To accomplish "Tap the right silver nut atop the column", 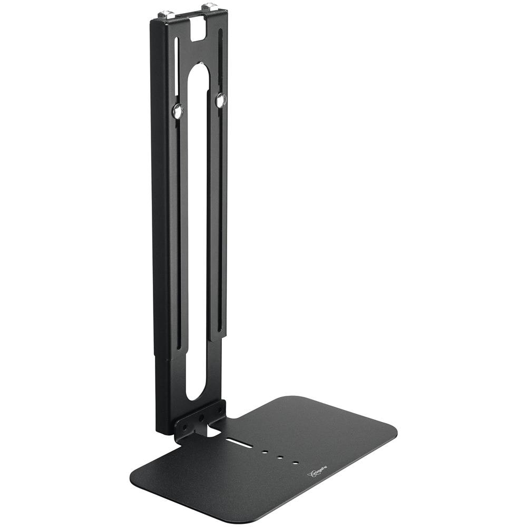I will (x=209, y=7).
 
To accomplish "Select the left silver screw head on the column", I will (x=178, y=110).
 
